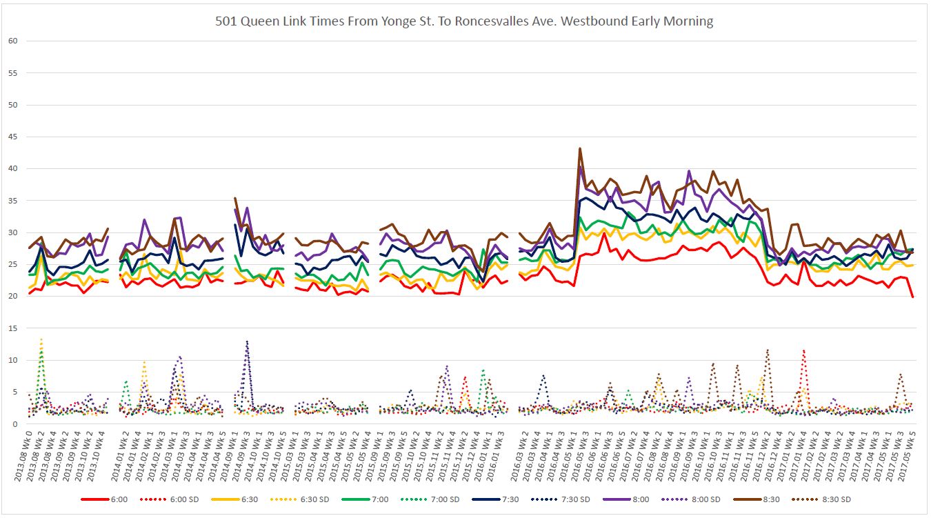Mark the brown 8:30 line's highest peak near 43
(x=580, y=148)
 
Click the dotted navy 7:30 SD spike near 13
(x=247, y=341)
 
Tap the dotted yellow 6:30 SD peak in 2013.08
(x=41, y=339)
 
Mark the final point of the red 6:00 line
(x=913, y=297)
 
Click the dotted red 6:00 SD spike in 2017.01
(x=803, y=350)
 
